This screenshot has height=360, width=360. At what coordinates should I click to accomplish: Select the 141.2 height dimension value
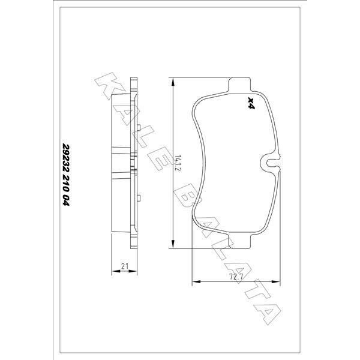coord(179,163)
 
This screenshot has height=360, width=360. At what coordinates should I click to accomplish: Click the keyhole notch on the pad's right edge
coord(269,161)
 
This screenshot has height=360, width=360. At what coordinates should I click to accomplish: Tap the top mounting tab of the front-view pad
coord(239,83)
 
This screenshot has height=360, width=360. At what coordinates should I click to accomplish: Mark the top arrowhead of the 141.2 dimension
coord(173,80)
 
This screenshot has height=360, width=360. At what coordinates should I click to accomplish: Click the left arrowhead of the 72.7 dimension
coord(194,283)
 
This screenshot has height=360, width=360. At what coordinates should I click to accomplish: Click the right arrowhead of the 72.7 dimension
coord(277,283)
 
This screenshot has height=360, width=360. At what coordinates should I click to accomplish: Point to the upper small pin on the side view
coord(138,127)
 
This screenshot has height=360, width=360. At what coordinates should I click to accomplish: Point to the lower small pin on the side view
coord(138,197)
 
